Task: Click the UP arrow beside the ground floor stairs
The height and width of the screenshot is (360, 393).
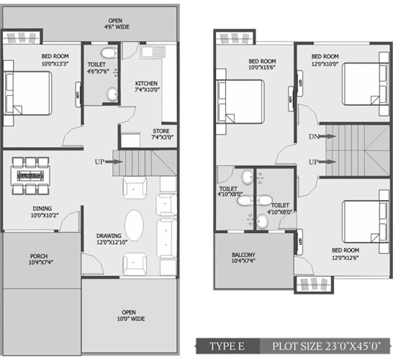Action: (114, 162)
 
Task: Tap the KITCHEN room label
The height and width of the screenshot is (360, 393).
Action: (146, 83)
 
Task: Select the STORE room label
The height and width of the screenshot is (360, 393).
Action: (161, 131)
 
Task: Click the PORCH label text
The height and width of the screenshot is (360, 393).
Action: (39, 256)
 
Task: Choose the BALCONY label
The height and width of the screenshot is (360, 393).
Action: (243, 255)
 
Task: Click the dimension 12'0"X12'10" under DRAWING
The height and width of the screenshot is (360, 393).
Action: (112, 242)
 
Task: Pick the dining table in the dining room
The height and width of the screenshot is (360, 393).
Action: (30, 176)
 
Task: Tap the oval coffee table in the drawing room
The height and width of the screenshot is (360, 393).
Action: (134, 225)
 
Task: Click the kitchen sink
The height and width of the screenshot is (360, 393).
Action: (153, 52)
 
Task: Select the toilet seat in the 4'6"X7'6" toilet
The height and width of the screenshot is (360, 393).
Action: (109, 53)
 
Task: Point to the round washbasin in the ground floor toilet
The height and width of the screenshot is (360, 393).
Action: (112, 94)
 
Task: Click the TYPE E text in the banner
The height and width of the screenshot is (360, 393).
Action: (227, 346)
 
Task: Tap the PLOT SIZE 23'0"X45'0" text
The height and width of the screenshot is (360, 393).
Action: (327, 346)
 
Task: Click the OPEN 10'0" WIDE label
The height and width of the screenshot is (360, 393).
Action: (131, 316)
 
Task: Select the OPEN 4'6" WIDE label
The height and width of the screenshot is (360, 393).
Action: (116, 24)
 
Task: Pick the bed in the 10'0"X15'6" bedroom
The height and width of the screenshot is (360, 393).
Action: (240, 102)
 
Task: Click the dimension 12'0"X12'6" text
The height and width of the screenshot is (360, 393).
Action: (345, 257)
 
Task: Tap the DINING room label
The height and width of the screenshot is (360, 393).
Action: (42, 208)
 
